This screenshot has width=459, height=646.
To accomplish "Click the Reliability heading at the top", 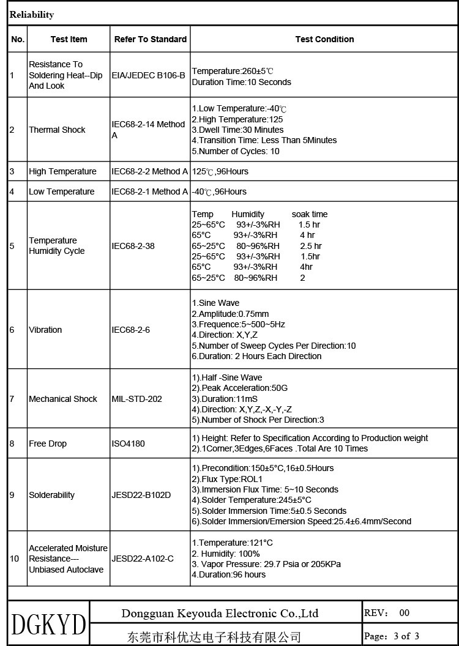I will [x=32, y=15].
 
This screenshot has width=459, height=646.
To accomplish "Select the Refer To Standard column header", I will [x=150, y=39].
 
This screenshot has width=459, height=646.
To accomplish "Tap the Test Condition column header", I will [x=324, y=39].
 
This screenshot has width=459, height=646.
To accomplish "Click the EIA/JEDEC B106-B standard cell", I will [x=148, y=75].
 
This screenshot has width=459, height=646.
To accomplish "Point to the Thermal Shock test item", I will [x=57, y=130].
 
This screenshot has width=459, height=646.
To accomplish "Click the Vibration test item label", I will [x=45, y=330].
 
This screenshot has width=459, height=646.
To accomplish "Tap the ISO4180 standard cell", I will [x=128, y=444].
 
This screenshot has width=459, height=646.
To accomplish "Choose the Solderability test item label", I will [x=51, y=495].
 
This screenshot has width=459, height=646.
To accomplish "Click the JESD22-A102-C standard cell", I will [x=143, y=559].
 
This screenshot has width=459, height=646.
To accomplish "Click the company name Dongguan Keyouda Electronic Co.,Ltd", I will [x=220, y=613].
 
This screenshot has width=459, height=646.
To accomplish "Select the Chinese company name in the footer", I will [x=214, y=637].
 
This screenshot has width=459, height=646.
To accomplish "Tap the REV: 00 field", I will [x=387, y=612].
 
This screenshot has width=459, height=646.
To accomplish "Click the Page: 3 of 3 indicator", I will [x=392, y=636].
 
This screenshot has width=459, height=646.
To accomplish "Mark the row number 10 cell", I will [x=15, y=559].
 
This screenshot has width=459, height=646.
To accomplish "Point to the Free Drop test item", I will [x=48, y=444].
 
